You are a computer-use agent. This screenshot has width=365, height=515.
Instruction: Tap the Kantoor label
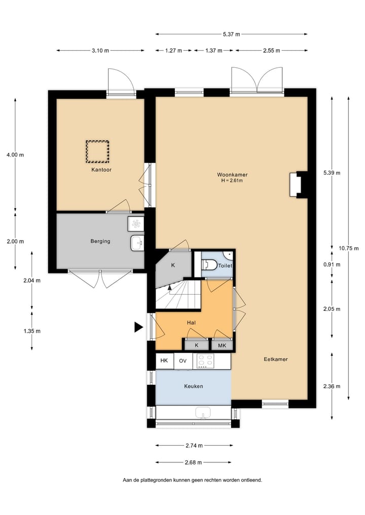click(101, 170)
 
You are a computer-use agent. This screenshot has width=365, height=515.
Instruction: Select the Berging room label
click(100, 241)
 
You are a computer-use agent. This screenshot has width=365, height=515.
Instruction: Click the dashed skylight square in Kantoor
click(98, 150)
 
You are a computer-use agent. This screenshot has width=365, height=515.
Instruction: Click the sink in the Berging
click(137, 243)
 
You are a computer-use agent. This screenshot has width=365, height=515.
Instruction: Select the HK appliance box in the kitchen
click(164, 361)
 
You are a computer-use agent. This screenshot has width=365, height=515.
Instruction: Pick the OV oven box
click(182, 361)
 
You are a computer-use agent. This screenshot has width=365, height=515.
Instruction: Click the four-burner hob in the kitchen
click(205, 361)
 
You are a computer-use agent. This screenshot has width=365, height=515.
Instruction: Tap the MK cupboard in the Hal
click(222, 345)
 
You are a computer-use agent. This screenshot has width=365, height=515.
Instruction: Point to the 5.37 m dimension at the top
click(231, 34)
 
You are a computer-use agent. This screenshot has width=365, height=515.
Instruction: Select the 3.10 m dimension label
click(100, 51)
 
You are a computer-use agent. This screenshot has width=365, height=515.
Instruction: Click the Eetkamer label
click(276, 359)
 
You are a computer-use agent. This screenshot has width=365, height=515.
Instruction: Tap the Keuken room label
click(193, 386)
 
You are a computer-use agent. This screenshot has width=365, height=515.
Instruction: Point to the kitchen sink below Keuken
click(203, 414)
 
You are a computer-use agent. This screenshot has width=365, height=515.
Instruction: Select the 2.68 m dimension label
click(193, 462)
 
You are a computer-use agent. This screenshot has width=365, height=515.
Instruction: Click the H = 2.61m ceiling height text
click(232, 180)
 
